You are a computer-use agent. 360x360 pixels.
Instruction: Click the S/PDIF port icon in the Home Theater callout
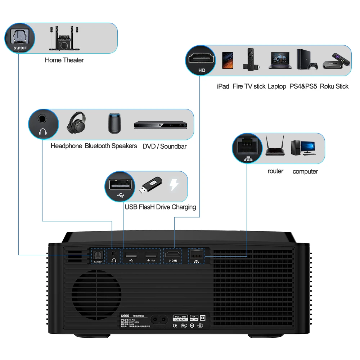pos(19,38)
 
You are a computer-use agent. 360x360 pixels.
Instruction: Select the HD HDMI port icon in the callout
pos(201,60)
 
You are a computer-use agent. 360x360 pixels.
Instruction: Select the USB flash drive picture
pos(151,185)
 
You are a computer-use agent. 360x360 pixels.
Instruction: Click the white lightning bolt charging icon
pos(174,185)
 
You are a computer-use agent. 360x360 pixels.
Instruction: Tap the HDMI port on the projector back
pos(174,256)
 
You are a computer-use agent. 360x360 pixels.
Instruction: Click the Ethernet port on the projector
pos(196,254)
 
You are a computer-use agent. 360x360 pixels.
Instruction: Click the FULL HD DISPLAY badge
pos(180,318)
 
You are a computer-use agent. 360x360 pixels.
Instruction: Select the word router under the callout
pos(275,171)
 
